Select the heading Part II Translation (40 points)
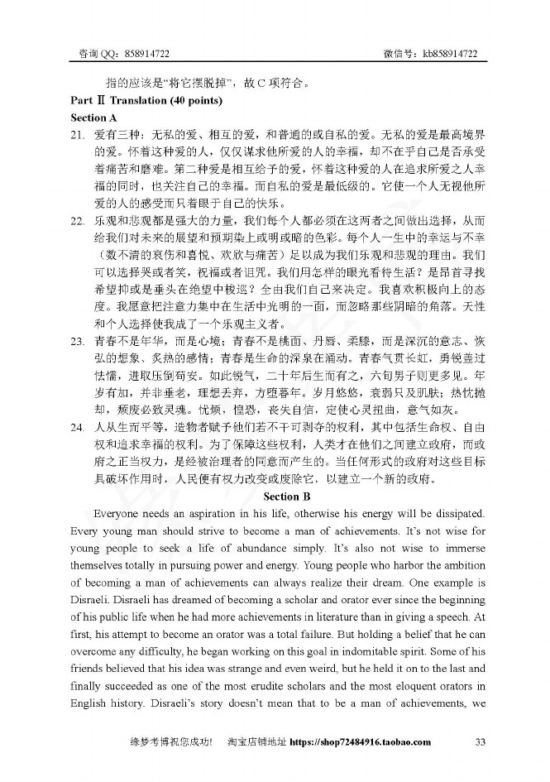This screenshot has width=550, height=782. click(x=146, y=101)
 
